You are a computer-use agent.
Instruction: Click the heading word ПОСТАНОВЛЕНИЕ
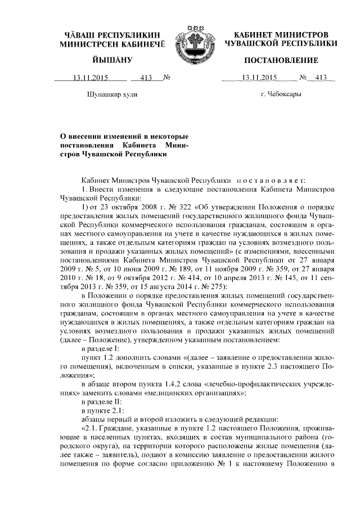[x=281, y=60]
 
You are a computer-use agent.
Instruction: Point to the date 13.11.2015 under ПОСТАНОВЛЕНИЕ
[x=260, y=78]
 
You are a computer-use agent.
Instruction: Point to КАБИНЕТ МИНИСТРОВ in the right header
[x=281, y=34]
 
